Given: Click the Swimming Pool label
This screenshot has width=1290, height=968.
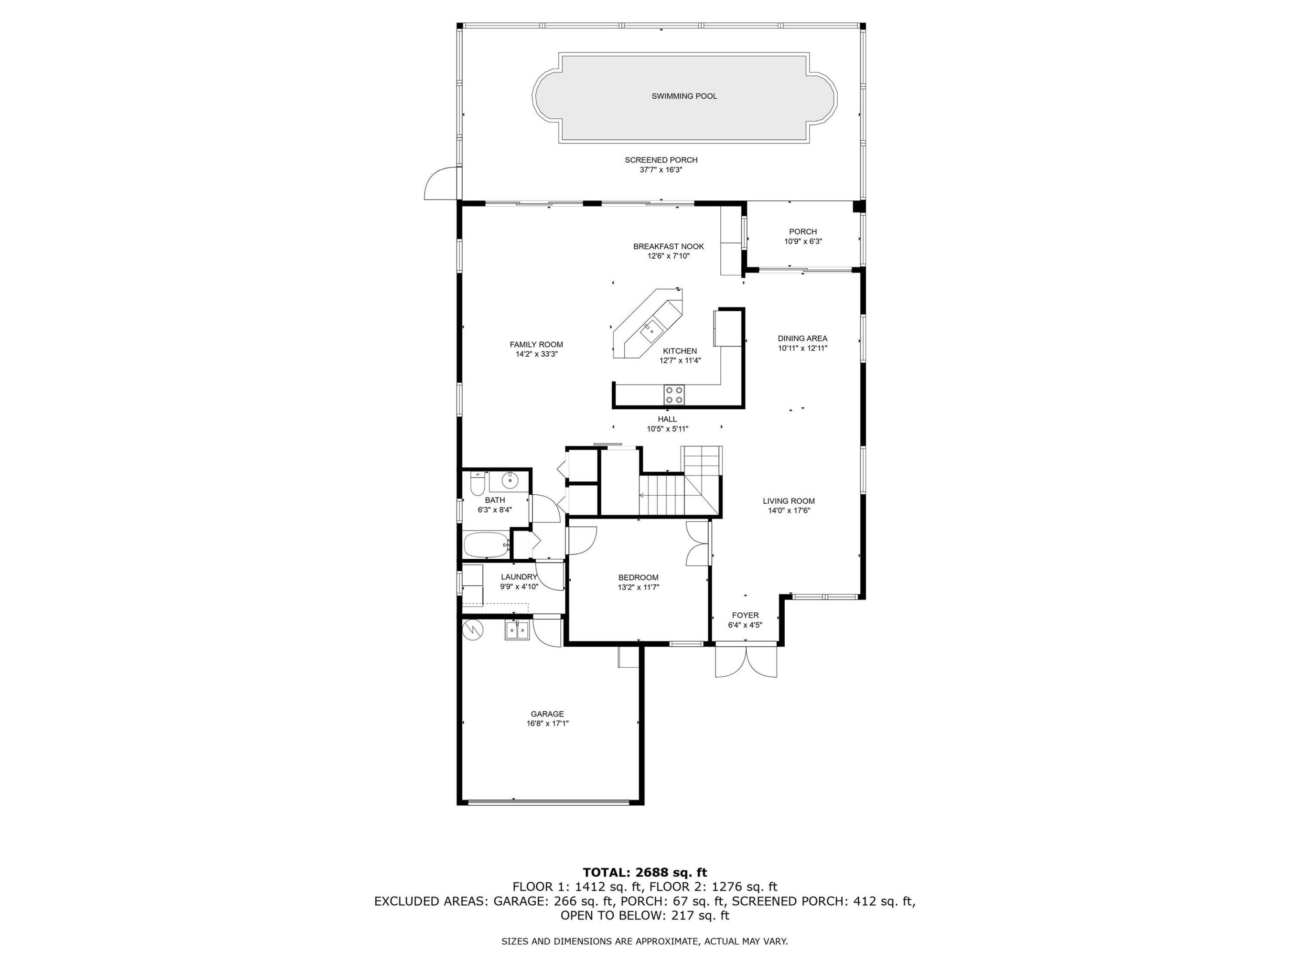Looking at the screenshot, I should coord(684,96).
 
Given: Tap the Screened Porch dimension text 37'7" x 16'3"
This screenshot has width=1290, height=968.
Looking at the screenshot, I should coord(661,170).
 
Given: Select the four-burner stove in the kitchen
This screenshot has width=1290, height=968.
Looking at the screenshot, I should coord(674,395).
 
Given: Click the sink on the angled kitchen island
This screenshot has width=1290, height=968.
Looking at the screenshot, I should coord(649,331).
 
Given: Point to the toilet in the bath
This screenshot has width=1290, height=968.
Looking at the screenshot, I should coord(477,484).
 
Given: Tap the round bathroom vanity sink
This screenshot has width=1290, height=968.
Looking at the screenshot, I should coord(510,481).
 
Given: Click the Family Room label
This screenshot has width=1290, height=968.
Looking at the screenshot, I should coord(536,344).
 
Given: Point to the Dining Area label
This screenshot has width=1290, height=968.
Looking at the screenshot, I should coord(803,338).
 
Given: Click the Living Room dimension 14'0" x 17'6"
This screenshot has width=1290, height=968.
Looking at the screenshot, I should coord(789,510).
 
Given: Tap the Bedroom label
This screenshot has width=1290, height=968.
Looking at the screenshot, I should coord(638,577).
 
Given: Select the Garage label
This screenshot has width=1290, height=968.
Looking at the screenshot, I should coord(547,713).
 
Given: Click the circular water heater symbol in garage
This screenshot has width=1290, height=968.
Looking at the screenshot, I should coord(473,629).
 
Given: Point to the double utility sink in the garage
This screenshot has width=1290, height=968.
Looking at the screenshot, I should coord(517,631).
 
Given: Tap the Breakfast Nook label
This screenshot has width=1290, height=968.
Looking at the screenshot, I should coord(668,246).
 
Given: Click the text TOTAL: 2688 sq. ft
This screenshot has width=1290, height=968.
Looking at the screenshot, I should coord(645,872).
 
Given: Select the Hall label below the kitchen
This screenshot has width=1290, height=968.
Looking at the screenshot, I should coord(667,419).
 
